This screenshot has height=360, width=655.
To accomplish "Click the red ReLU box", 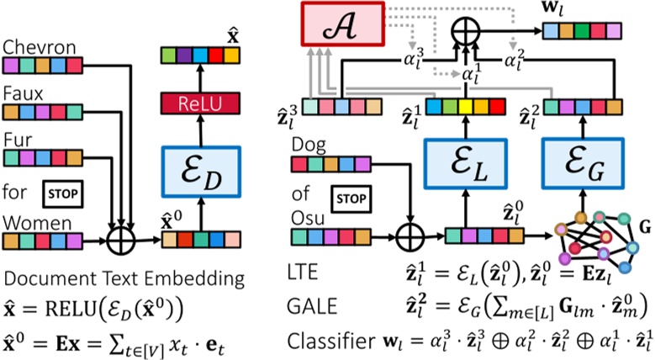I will pyautogui.click(x=203, y=103).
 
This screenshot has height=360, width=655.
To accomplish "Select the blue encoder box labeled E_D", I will pyautogui.click(x=203, y=173).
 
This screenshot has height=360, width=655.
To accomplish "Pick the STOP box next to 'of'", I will pyautogui.click(x=351, y=199).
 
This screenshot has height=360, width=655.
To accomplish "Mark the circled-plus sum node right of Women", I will pyautogui.click(x=125, y=241).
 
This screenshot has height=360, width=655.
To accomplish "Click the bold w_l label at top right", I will pyautogui.click(x=559, y=11).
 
